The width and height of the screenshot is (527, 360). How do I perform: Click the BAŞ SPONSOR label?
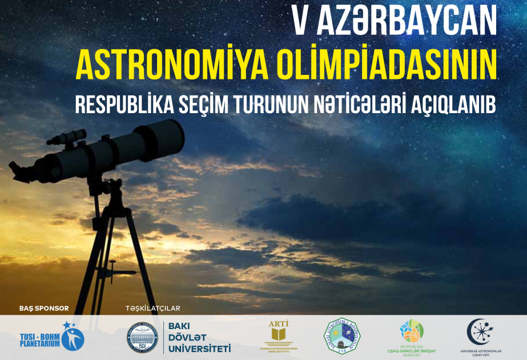coord(44,308)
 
